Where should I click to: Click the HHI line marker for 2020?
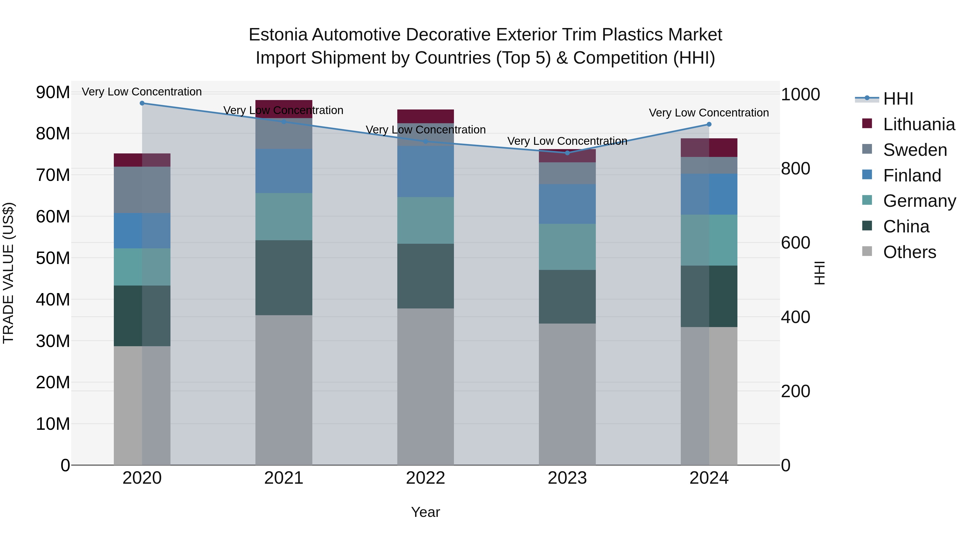(142, 103)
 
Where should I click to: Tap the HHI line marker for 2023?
(567, 153)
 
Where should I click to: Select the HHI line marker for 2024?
(709, 124)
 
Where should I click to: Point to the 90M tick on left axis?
(53, 92)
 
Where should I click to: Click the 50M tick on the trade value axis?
(53, 258)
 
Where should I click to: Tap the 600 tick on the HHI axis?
(795, 243)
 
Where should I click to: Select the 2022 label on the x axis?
(426, 478)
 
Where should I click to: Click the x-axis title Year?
(426, 512)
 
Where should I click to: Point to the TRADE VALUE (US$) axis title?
(8, 273)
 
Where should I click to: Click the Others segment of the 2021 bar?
(284, 390)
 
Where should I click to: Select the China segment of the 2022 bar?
(426, 276)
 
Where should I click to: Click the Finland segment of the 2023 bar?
(567, 204)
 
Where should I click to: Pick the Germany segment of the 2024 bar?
(709, 240)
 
